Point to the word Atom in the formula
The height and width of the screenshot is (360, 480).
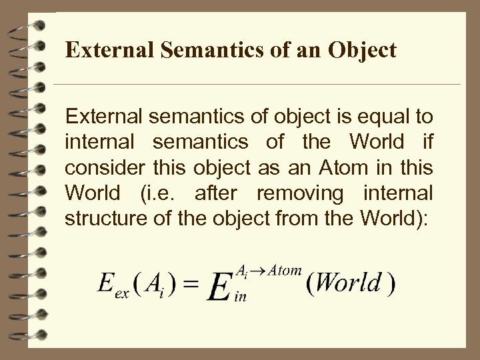(x=286, y=269)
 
